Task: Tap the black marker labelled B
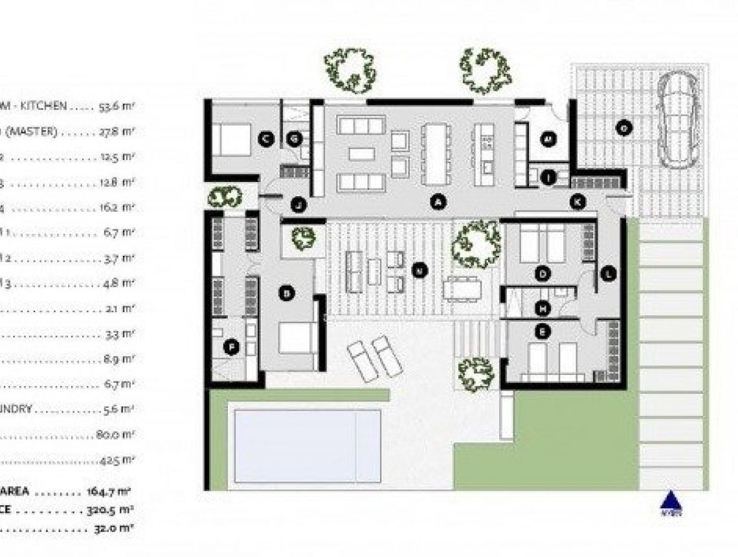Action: coord(286,293)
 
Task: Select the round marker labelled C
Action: coord(265,138)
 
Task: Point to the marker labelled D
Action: coord(543,275)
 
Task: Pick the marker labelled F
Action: coord(231,348)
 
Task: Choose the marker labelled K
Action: coord(578,202)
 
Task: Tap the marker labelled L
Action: coord(608,274)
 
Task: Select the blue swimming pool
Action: coord(307,446)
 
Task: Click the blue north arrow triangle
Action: coord(671,501)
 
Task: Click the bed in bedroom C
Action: coord(231,139)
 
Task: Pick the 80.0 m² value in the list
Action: coord(115,435)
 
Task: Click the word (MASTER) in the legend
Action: coord(30,131)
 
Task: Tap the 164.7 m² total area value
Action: coord(110,492)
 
